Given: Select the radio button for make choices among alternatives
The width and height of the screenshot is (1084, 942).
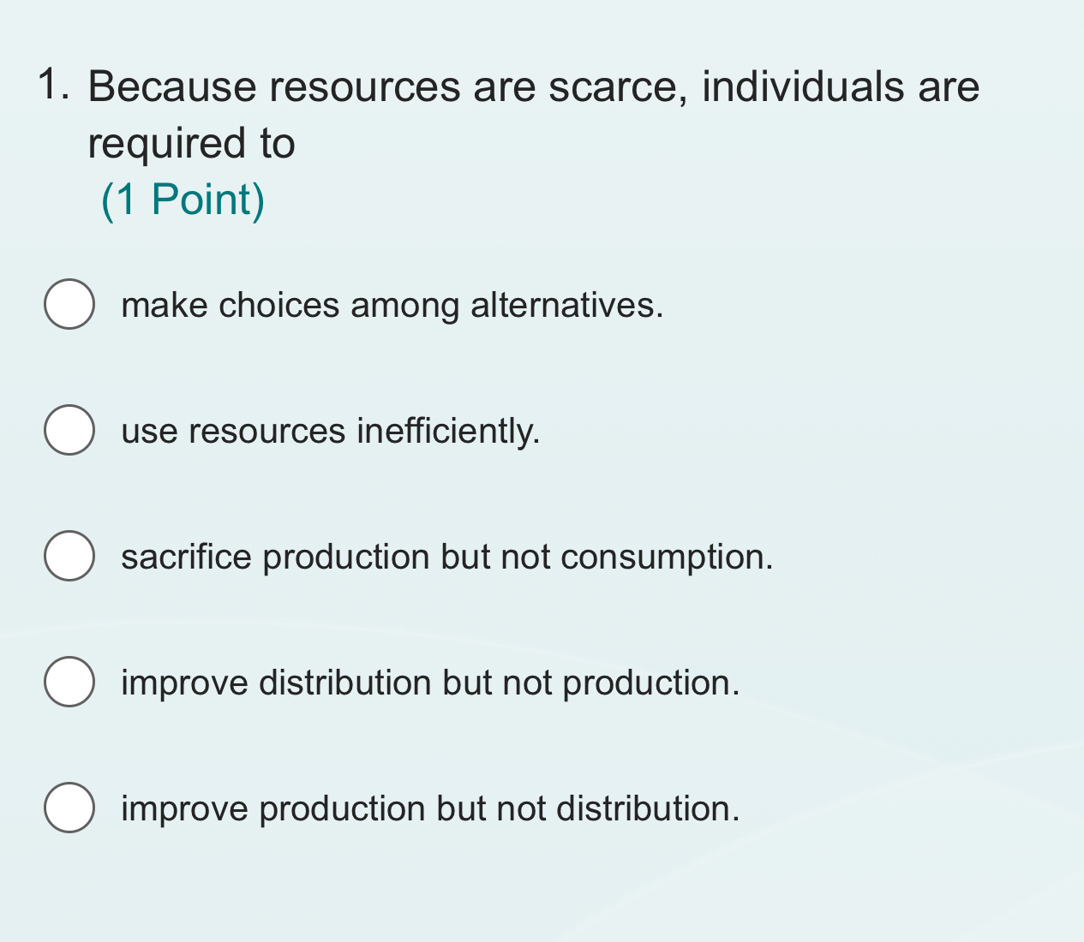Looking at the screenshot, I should point(69,304).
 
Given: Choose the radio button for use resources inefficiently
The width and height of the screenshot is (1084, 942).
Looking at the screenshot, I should point(69,430).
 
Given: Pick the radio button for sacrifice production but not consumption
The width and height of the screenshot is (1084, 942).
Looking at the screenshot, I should point(69,556).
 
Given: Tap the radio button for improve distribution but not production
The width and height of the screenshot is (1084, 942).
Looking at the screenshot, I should point(69,682).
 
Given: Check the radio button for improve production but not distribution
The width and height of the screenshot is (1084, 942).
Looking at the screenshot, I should point(69,808).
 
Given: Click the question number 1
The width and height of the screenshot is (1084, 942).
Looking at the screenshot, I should point(53,86).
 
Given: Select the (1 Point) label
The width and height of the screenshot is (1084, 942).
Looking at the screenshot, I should point(183,200).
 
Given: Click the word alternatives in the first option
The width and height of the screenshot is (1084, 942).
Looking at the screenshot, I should point(566,306).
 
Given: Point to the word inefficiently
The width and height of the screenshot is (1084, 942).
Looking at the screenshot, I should point(448,431).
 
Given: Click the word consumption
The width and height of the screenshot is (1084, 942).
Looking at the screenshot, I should point(667,557).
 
